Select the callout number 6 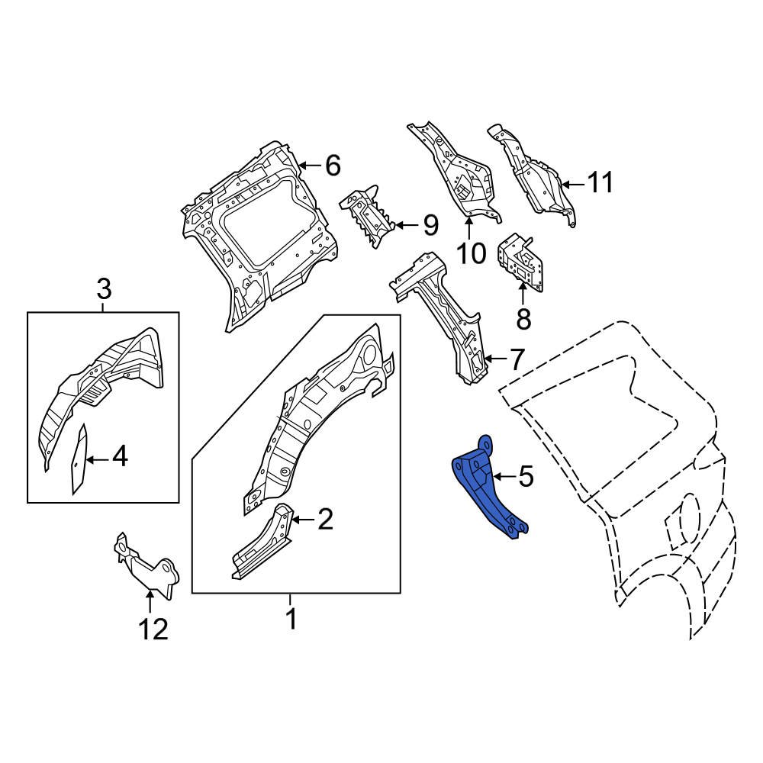(x=332, y=165)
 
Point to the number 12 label (x=153, y=629)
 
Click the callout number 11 (x=600, y=183)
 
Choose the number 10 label (x=472, y=253)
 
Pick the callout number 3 (x=103, y=289)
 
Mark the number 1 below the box (x=291, y=619)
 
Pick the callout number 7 (x=517, y=359)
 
